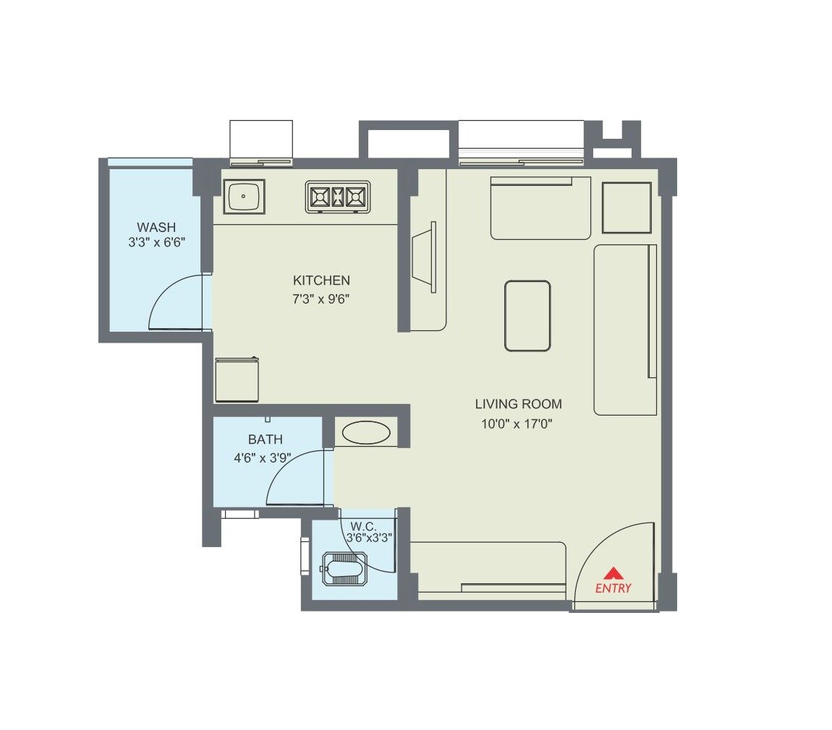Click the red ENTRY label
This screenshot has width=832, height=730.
[x=613, y=588]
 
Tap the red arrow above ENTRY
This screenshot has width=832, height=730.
[x=613, y=573]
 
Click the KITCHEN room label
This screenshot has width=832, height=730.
[x=321, y=280]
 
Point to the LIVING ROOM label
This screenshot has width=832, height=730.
[x=518, y=404]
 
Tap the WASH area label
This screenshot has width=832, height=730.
[x=156, y=228]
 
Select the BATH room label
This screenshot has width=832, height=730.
[x=265, y=439]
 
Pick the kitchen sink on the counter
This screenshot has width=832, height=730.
[x=245, y=196]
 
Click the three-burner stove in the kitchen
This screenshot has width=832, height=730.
[x=338, y=197]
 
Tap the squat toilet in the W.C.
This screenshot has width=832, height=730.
[x=344, y=569]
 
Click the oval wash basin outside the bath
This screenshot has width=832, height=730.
[x=366, y=432]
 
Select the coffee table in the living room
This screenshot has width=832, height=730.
[x=527, y=316]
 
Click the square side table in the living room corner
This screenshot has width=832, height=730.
[x=627, y=207]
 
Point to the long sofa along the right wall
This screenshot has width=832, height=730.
[x=624, y=330]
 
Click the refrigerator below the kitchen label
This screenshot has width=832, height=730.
[x=238, y=379]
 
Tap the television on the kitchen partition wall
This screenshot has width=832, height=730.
[x=424, y=257]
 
